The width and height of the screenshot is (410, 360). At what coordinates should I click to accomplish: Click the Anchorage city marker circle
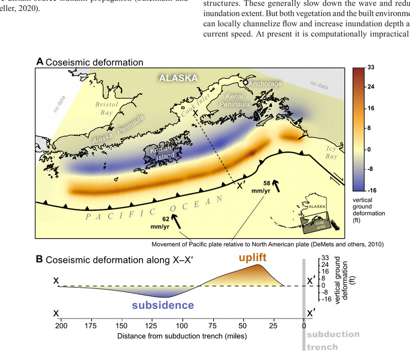point(245,82)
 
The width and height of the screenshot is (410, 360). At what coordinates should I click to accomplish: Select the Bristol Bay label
point(107,109)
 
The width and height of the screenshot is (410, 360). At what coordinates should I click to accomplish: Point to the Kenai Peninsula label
point(234,100)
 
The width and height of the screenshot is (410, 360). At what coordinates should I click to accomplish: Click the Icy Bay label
point(331,152)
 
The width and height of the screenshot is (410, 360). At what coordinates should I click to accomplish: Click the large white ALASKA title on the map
point(178,78)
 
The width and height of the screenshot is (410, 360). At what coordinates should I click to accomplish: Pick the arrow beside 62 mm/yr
point(176,222)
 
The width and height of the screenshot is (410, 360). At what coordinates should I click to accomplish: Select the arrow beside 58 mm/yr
point(276,186)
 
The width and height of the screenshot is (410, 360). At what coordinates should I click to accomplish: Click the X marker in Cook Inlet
point(195,113)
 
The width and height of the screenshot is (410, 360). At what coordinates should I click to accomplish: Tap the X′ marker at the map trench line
point(240,186)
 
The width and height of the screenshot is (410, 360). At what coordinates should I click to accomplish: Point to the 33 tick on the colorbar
point(371,68)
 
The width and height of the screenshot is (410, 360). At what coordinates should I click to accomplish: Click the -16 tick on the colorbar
point(372,190)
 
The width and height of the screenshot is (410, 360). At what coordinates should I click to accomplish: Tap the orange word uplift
point(253,258)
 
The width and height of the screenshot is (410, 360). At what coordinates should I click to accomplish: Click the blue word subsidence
point(163,305)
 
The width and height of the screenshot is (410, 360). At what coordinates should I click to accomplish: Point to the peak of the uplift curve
point(258,265)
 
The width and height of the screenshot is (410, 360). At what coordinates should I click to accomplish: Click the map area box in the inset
point(315,223)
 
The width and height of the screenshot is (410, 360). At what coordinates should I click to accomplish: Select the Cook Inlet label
point(195,105)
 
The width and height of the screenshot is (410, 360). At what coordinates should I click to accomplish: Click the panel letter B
point(39,259)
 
